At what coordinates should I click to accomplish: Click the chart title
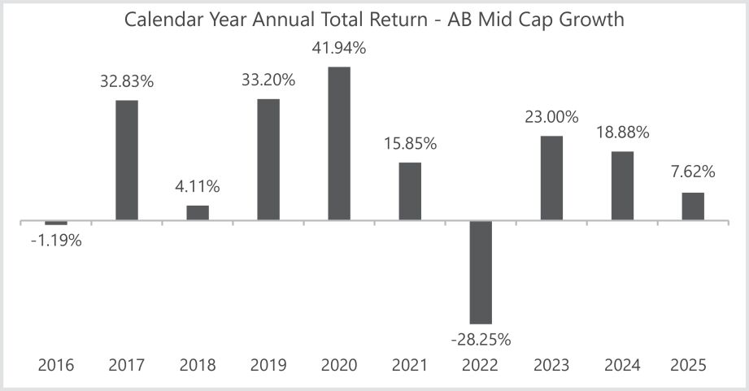[x=374, y=20]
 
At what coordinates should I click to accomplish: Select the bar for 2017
[x=126, y=160]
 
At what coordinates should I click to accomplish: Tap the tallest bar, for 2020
[x=339, y=143]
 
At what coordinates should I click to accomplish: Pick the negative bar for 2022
[x=481, y=272]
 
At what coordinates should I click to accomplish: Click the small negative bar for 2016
[x=56, y=223]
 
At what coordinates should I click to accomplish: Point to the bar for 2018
[x=198, y=212]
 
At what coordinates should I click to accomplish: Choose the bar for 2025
[x=693, y=206]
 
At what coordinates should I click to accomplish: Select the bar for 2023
[x=551, y=178]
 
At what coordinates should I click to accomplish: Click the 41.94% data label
[x=339, y=48]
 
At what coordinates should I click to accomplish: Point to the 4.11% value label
[x=198, y=187]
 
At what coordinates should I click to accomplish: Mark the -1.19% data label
[x=55, y=241]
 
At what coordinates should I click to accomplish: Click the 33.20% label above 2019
[x=268, y=80]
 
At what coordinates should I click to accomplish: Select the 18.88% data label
[x=623, y=133]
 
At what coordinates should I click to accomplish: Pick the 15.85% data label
[x=410, y=144]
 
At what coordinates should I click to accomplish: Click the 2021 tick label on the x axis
[x=410, y=366]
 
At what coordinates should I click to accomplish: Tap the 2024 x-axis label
[x=623, y=366]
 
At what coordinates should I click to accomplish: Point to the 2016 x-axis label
[x=55, y=366]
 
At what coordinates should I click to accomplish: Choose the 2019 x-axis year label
[x=268, y=366]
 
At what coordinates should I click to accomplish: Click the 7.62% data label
[x=693, y=172]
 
